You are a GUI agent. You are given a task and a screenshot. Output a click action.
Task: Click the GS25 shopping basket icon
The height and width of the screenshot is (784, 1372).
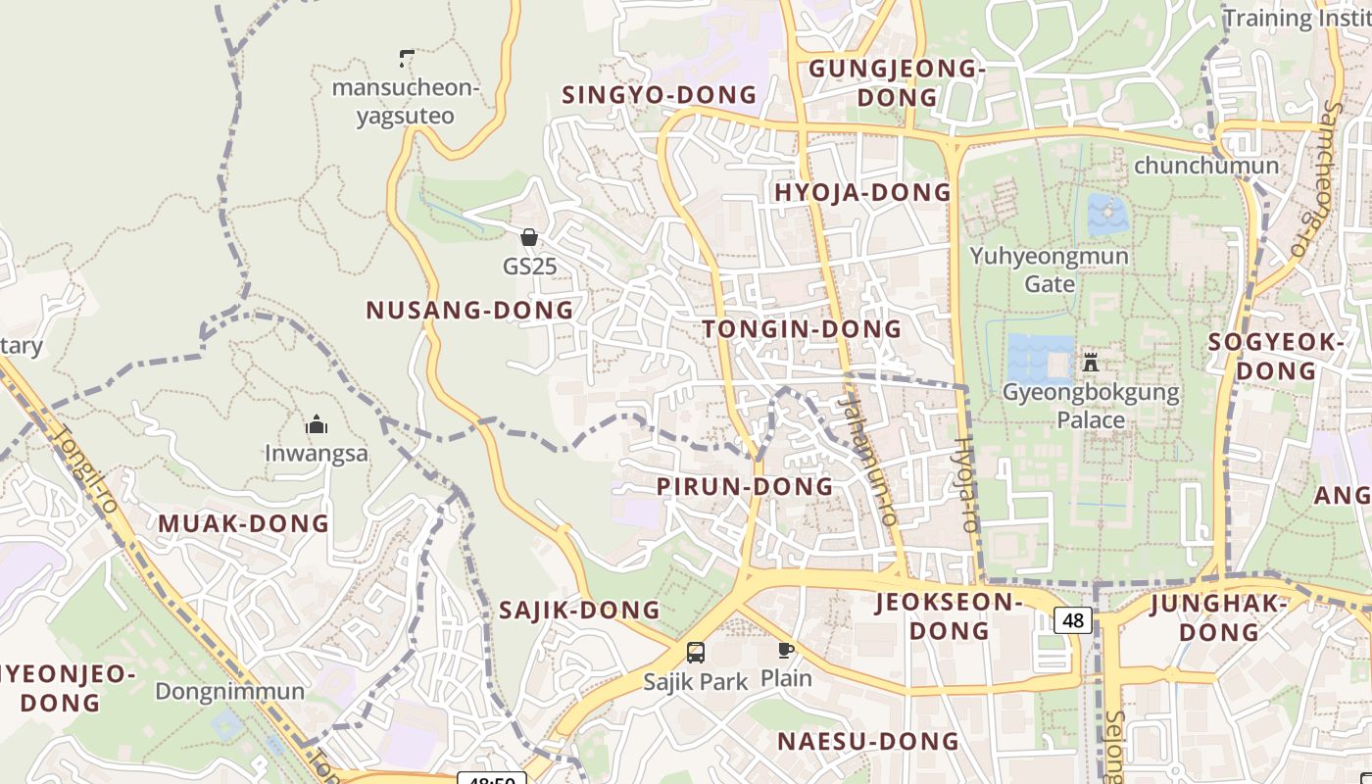[x=529, y=237]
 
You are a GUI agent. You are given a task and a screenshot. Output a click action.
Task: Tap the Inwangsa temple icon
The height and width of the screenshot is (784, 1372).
[x=316, y=425]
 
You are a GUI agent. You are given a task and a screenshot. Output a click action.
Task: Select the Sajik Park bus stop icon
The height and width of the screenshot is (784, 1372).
[x=696, y=653]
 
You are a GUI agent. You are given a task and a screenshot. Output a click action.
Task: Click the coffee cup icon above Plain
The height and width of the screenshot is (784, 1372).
[x=786, y=650]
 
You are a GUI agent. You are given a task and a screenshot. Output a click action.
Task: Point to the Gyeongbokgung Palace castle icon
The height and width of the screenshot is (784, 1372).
[x=1090, y=363]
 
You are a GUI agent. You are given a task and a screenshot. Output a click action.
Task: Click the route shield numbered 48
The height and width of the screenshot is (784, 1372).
[x=1073, y=620]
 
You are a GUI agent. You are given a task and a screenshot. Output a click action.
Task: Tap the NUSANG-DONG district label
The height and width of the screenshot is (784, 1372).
[x=469, y=311]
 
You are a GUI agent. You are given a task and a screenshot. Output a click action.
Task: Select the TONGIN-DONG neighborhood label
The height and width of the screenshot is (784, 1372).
[x=803, y=329]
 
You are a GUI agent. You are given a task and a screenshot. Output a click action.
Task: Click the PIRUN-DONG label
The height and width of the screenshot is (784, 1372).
[x=745, y=486]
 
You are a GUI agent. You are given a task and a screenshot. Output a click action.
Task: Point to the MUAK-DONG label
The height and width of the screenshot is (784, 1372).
[x=244, y=523]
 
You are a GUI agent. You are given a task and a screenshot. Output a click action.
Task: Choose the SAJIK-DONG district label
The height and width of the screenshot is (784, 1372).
[x=580, y=611]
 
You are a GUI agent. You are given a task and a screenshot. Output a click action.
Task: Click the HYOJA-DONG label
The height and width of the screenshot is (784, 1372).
[x=863, y=192]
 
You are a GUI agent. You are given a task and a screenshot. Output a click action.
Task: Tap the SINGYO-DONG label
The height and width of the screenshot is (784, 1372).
[x=660, y=95]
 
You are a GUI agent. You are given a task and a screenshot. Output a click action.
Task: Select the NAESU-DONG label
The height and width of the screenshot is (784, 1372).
[x=868, y=742]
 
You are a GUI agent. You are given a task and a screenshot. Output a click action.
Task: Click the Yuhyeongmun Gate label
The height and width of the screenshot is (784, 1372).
[x=1050, y=269]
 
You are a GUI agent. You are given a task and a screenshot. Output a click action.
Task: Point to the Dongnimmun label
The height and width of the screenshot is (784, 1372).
[x=230, y=691]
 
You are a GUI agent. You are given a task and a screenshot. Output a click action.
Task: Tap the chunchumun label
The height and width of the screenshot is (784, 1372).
[x=1206, y=166]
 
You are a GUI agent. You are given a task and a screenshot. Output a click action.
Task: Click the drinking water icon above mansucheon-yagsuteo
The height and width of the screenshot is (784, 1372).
[x=407, y=59]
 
